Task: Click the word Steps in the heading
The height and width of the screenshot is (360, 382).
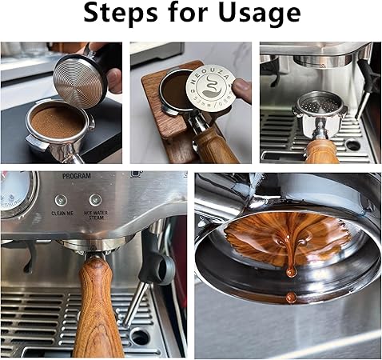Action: coord(121,13)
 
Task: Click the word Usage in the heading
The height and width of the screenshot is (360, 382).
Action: coord(260,14)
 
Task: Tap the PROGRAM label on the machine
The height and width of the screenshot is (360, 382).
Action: coord(77,176)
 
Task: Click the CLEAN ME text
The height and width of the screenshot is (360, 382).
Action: coord(62,214)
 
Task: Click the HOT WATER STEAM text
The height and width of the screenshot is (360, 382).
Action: coord(96,215)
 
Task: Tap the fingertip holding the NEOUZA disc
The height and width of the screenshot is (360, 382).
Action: coord(242,90)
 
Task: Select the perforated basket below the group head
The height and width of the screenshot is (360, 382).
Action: coord(320,102)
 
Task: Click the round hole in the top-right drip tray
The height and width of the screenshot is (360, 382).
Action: coord(353,146)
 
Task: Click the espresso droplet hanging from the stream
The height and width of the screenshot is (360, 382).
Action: coord(292,273)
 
